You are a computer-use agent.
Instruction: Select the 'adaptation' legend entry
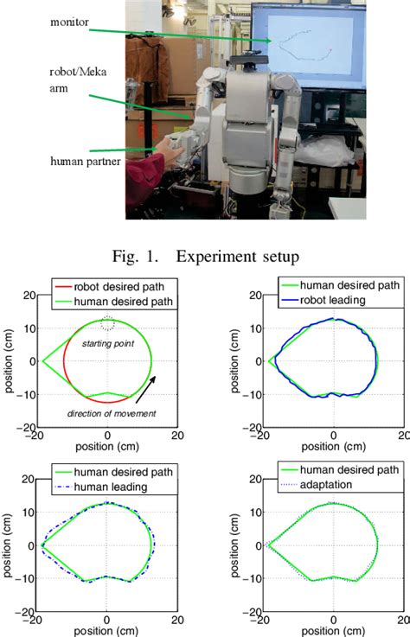(x=339, y=487)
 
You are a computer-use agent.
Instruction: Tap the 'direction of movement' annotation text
(x=106, y=412)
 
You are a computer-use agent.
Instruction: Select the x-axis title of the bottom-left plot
(x=106, y=631)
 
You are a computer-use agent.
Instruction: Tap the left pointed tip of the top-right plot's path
(x=268, y=361)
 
